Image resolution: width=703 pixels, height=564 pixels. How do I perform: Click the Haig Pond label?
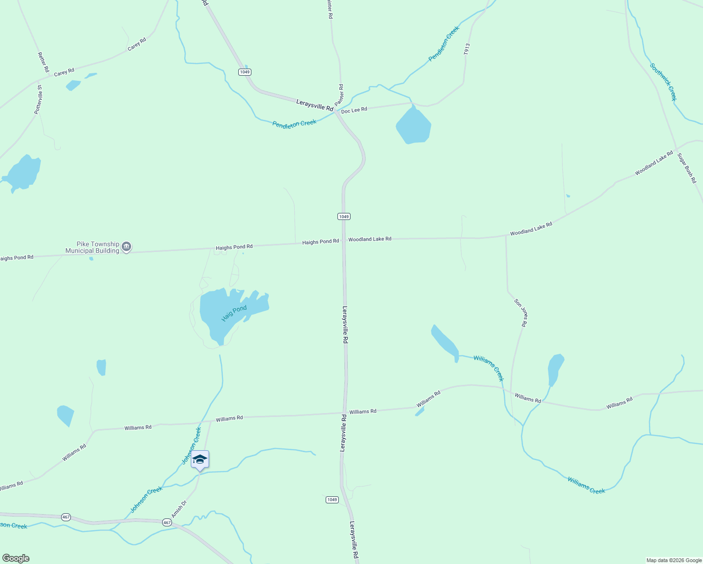point(234,313)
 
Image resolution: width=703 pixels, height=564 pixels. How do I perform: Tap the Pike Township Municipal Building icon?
point(126,247)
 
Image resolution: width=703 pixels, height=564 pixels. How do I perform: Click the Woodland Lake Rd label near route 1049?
point(369,239)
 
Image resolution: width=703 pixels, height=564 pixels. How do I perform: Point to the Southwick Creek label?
point(663,82)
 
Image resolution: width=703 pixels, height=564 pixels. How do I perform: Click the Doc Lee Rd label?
point(354,110)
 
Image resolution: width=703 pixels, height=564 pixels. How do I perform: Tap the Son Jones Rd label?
point(521,313)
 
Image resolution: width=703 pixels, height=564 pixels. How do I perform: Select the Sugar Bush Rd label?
point(687,168)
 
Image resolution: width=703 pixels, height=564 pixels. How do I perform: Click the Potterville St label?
point(38,100)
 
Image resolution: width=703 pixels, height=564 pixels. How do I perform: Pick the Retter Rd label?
point(43,62)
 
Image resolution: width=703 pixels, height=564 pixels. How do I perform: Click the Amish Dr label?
point(179,509)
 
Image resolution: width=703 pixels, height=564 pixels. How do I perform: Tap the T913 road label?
point(467,49)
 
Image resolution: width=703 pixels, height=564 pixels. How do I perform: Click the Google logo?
point(16,558)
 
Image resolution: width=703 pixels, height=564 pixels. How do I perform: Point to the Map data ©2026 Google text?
point(674,560)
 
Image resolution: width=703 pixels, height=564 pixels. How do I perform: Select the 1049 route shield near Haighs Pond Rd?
point(344,216)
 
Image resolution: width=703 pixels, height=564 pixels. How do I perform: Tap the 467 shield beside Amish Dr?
point(167,522)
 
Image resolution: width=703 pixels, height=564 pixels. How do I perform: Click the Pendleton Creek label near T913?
point(444,44)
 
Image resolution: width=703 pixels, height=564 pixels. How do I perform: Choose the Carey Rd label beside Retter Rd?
point(64,72)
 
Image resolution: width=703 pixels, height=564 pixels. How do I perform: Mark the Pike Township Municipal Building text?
point(92,247)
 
